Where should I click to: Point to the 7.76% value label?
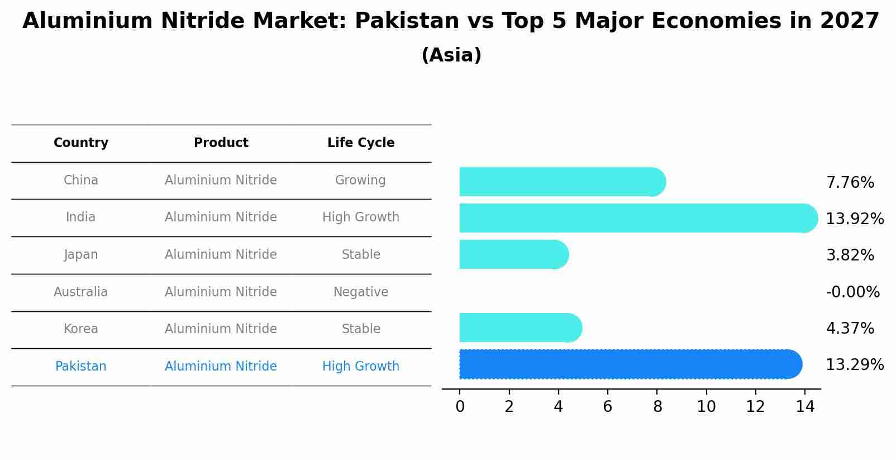pyautogui.click(x=850, y=183)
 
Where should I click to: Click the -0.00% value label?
pyautogui.click(x=852, y=292)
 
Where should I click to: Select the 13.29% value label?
pyautogui.click(x=855, y=365)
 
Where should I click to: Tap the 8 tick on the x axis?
pyautogui.click(x=657, y=407)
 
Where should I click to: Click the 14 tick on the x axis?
pyautogui.click(x=805, y=407)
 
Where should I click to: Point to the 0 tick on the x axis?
pyautogui.click(x=460, y=407)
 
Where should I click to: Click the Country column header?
pyautogui.click(x=81, y=143)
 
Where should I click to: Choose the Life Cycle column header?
pyautogui.click(x=361, y=143)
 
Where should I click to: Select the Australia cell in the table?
pyautogui.click(x=81, y=292)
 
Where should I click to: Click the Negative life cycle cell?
pyautogui.click(x=361, y=292)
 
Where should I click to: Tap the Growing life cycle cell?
pyautogui.click(x=360, y=181)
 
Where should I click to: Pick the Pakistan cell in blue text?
pyautogui.click(x=81, y=367)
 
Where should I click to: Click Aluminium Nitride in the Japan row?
pyautogui.click(x=221, y=255)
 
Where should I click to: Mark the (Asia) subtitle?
pyautogui.click(x=451, y=55)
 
